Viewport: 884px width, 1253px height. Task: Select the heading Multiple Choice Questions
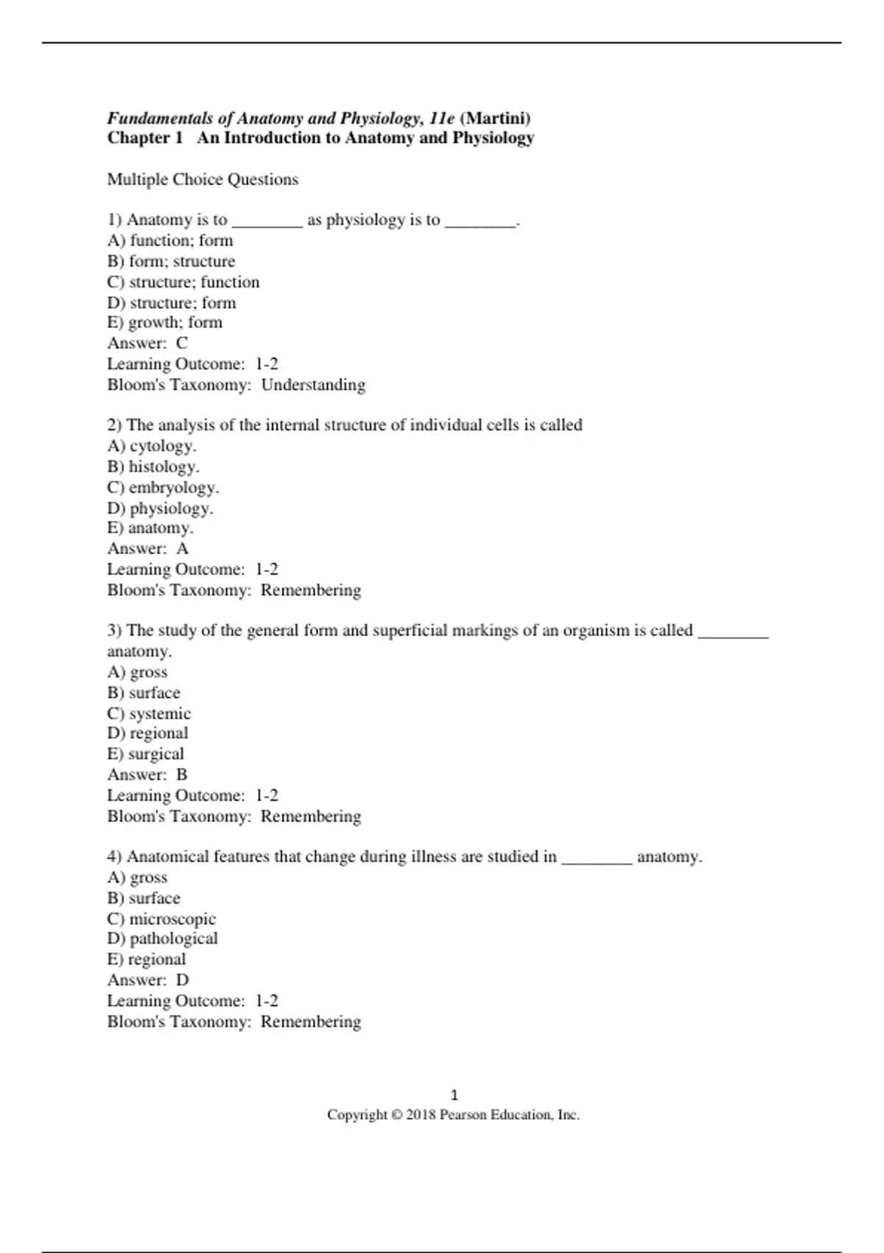click(x=203, y=179)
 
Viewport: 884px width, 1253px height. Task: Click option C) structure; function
click(x=183, y=282)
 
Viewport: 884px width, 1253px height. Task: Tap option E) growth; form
click(x=164, y=322)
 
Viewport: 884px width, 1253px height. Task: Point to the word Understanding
click(x=313, y=385)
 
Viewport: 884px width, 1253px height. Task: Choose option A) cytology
click(x=152, y=445)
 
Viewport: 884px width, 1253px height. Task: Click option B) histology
click(x=153, y=467)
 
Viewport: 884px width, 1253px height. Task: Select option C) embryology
click(x=163, y=487)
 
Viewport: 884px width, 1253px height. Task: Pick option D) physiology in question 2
click(x=160, y=508)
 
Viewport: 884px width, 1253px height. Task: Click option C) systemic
click(x=149, y=713)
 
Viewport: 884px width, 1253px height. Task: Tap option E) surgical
click(x=145, y=754)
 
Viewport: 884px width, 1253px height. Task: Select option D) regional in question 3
click(x=147, y=733)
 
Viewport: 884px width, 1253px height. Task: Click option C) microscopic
click(x=161, y=918)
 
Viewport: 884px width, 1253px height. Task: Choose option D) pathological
click(x=162, y=938)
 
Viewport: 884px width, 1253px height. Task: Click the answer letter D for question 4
click(x=183, y=980)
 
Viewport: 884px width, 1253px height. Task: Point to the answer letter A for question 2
click(x=183, y=548)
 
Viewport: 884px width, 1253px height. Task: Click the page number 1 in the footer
click(x=454, y=1095)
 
